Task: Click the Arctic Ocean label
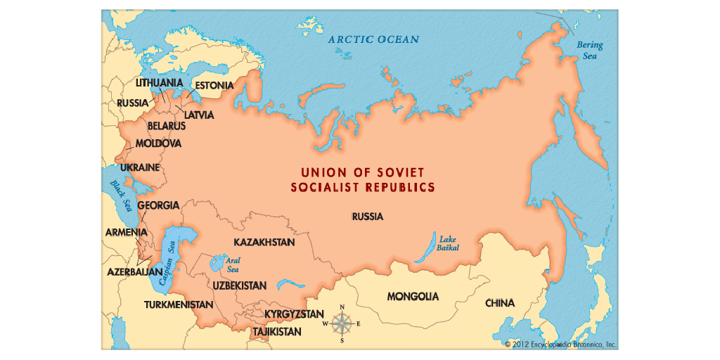pos(373,39)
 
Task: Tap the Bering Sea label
pos(589,50)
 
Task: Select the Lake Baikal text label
pos(448,243)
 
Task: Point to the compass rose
pos(342,323)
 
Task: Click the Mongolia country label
pos(413,297)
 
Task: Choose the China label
pos(499,303)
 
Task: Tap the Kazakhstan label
pos(264,242)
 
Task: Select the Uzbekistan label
pos(239,285)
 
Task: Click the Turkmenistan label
pos(178,305)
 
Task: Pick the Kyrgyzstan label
pos(294,314)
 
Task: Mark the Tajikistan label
pos(278,331)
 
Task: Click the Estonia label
pos(214,86)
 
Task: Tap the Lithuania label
pos(159,82)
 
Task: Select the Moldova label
pos(158,143)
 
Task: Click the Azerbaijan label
pos(134,271)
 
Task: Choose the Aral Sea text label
pos(232,264)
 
